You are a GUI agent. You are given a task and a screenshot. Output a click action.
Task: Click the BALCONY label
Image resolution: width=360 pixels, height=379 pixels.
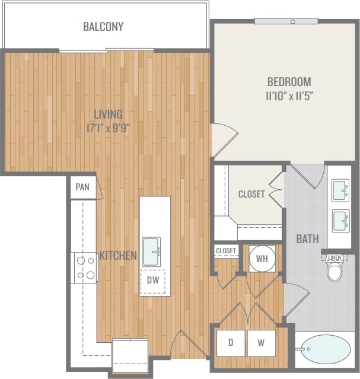(x=103, y=27)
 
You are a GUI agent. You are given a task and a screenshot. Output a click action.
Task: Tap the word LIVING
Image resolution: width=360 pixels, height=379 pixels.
(x=108, y=114)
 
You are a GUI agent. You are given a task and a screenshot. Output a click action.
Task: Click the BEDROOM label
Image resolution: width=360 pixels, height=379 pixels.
(x=289, y=82)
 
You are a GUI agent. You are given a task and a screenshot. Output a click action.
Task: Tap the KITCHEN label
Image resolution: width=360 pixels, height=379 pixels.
(x=118, y=256)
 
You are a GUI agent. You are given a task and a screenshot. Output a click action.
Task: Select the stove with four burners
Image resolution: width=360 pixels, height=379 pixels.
(x=84, y=267)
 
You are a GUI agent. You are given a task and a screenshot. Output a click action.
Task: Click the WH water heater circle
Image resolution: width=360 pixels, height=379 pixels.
(x=260, y=259)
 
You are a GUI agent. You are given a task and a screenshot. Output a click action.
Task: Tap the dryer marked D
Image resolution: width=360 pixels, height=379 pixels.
(x=230, y=343)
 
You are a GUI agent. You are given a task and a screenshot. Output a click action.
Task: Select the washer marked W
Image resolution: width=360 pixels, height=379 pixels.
(x=262, y=343)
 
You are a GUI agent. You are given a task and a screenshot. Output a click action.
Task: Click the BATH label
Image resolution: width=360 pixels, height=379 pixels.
(x=308, y=239)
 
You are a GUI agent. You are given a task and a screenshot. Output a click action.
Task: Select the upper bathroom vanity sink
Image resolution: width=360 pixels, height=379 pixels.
(x=340, y=190)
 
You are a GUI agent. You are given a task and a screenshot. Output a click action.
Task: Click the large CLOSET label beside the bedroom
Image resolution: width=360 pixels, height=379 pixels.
(x=251, y=194)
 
